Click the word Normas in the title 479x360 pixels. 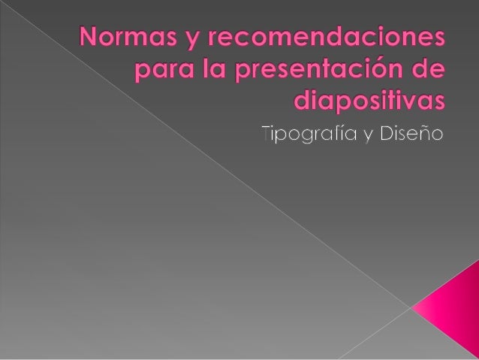tap(132, 38)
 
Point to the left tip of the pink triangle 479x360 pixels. tap(412, 307)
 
